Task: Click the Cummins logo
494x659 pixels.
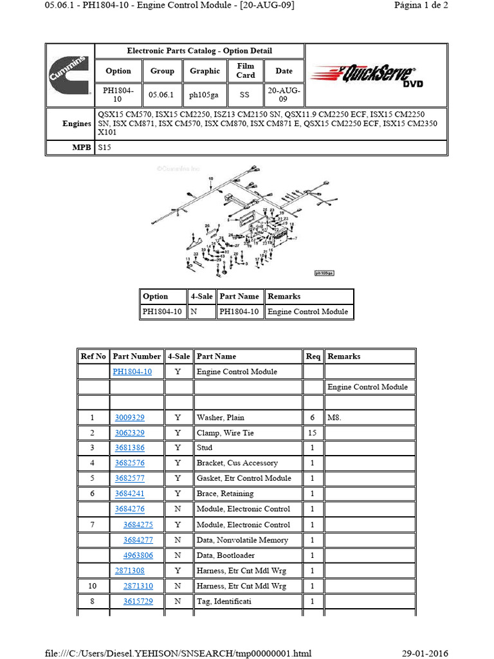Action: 69,75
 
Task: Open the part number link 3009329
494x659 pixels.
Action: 129,418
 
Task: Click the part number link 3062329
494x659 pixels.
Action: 129,433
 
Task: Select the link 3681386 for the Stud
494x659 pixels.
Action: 129,448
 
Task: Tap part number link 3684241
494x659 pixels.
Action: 129,494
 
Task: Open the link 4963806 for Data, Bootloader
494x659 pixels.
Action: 138,555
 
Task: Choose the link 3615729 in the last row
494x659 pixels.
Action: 138,601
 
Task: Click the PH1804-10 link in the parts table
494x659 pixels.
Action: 133,371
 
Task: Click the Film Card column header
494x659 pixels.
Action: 246,71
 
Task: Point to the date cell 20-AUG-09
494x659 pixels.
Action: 284,95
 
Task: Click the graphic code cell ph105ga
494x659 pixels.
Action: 205,95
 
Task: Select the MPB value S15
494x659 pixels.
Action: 104,147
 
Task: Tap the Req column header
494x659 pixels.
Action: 313,356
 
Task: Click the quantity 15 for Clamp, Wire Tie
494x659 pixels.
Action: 313,433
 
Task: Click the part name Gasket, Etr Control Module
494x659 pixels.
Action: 244,478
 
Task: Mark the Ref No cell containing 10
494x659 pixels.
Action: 93,586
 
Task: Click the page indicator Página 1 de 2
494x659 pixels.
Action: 421,5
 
